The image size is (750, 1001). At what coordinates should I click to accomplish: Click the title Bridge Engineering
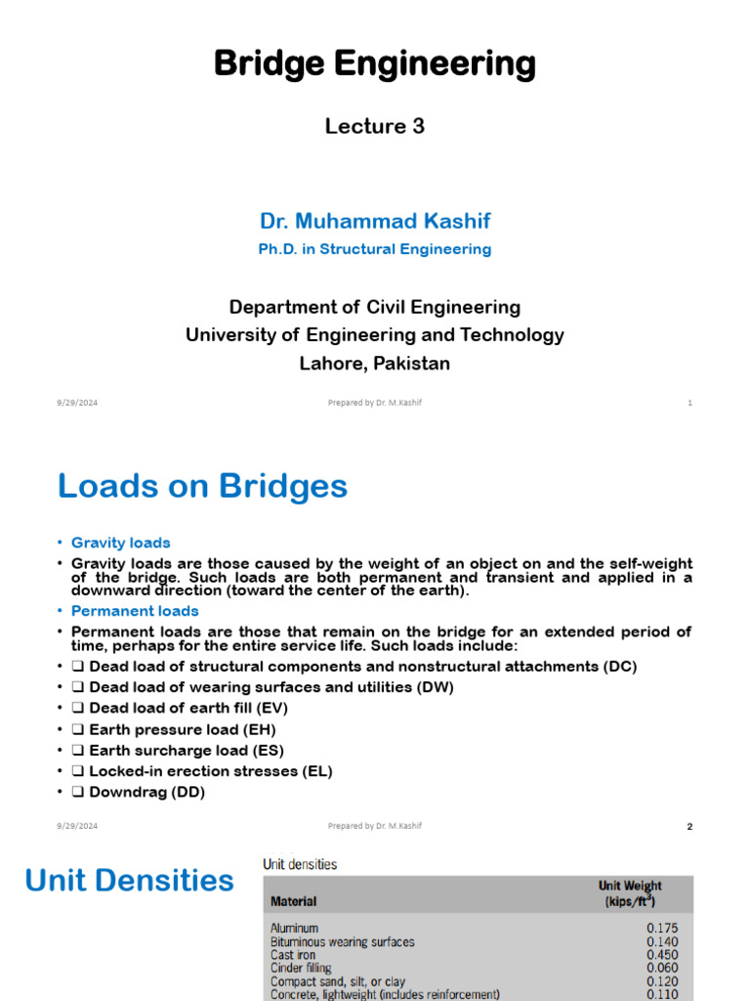coord(374,65)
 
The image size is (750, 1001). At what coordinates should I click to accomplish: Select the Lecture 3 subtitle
coord(374,126)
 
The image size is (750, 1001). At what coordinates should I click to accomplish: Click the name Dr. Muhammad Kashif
coord(374,221)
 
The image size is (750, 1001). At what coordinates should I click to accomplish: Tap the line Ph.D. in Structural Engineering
coord(374,249)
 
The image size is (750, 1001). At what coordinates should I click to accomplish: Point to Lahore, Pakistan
coord(374,364)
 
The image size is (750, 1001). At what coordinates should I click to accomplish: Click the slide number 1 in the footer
coord(689,403)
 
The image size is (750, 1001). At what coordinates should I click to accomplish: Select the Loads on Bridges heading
coord(202,486)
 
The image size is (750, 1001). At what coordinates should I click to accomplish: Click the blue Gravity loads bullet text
coord(120,543)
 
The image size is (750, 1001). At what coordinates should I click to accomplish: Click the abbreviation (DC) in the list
coord(617,667)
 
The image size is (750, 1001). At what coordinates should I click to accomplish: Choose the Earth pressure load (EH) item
coord(182,729)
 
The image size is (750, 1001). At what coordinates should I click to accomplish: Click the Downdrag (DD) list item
coord(146,793)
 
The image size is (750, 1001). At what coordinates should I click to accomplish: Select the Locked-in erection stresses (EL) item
coord(210,771)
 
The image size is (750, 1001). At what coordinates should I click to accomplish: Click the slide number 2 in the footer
coord(689,826)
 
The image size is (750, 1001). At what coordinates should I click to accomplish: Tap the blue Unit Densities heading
coord(129,881)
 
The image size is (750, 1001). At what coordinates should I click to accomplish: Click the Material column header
coord(293,900)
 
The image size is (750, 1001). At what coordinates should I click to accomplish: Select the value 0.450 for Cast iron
coord(661,955)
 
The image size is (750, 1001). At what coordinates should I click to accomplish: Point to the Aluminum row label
coord(294,928)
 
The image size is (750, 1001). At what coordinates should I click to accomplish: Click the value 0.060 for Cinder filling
coord(661,969)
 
